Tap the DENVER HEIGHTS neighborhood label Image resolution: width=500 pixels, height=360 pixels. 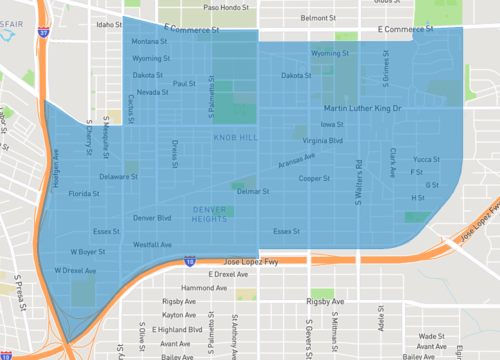click(211, 213)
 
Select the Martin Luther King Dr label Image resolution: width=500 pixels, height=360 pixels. click(361, 108)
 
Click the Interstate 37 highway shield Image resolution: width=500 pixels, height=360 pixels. click(43, 32)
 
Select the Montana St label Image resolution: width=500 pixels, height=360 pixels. click(150, 42)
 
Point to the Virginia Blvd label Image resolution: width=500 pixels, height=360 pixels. click(323, 141)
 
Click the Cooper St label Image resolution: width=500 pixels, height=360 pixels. click(314, 178)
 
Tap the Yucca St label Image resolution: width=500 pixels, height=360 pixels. click(426, 159)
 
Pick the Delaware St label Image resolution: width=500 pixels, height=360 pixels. click(118, 177)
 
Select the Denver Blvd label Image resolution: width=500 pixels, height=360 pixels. click(152, 217)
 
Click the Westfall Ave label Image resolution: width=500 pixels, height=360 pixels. click(152, 244)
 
